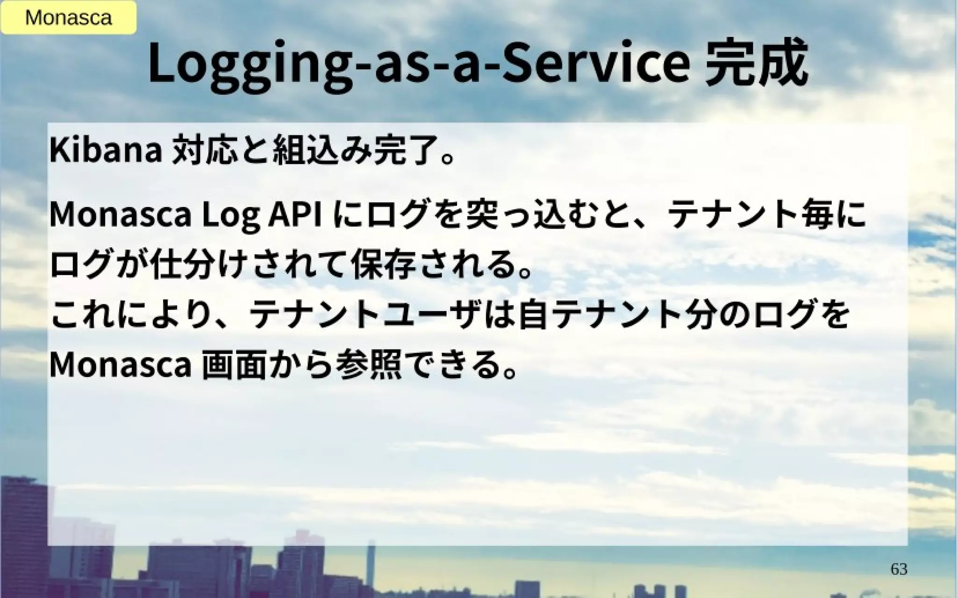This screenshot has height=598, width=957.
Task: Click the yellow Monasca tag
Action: tap(68, 18)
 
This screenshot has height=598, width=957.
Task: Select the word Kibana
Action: tap(106, 151)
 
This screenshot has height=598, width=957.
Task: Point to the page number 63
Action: tap(899, 569)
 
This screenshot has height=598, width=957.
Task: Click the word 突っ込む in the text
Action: tap(523, 215)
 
